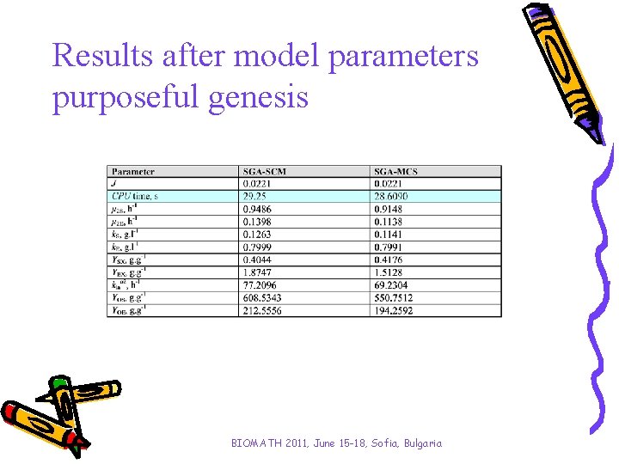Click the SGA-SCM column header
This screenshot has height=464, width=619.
click(x=264, y=172)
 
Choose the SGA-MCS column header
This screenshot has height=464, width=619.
click(x=396, y=172)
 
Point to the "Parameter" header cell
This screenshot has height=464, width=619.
click(x=133, y=172)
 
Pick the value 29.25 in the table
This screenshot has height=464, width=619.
click(x=254, y=196)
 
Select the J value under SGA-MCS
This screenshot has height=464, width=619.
click(x=389, y=184)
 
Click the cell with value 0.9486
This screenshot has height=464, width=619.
click(x=257, y=209)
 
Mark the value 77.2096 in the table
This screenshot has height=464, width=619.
click(x=260, y=285)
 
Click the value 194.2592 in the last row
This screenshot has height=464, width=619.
click(x=395, y=310)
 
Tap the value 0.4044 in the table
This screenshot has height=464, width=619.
click(x=257, y=259)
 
